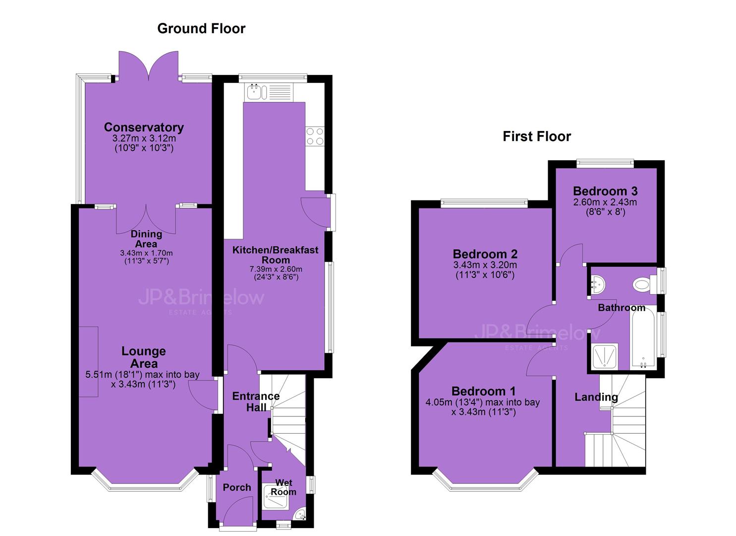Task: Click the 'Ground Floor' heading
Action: point(201,29)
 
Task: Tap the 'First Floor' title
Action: point(537,136)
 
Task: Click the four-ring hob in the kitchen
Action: point(315,136)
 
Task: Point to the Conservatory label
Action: point(144,128)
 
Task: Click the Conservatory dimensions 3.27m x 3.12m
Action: point(144,138)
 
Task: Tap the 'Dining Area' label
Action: point(146,239)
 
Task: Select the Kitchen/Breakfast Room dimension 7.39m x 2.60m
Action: point(276,269)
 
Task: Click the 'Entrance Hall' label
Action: point(256,402)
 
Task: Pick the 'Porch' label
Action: point(237,487)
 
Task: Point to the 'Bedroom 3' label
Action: point(605,191)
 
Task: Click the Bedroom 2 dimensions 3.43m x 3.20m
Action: point(485,265)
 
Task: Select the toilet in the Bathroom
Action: point(644,284)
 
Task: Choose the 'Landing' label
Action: point(596,397)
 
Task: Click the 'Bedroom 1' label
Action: point(483,391)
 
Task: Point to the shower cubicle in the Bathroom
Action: point(605,357)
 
